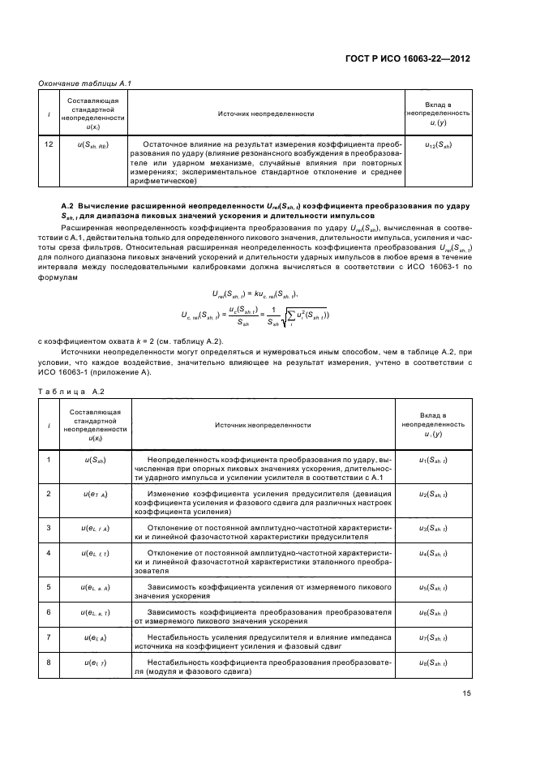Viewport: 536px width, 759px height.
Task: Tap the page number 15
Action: pos(467,693)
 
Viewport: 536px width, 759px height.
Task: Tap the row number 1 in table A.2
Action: pos(49,461)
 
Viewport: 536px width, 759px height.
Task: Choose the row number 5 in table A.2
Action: pos(49,585)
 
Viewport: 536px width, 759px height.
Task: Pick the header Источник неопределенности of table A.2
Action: pos(263,424)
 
